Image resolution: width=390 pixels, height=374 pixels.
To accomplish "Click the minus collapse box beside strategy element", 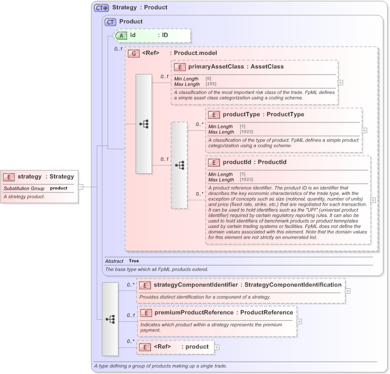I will [80, 186].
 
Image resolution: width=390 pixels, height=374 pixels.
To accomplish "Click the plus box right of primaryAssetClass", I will [341, 83].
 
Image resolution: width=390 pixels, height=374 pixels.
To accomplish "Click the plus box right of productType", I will [364, 130].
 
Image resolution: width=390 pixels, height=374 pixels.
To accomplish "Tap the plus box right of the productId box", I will [373, 200].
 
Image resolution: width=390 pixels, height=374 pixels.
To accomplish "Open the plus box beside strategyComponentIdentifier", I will [348, 291].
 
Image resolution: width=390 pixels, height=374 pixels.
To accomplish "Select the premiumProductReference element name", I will [193, 312].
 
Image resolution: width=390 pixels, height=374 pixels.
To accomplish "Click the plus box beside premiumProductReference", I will [299, 321].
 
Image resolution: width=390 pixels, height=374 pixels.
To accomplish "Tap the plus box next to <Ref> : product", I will [217, 347].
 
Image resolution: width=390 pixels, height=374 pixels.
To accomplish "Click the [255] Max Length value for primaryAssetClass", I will [211, 84].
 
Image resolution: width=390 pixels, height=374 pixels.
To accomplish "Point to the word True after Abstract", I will [134, 261].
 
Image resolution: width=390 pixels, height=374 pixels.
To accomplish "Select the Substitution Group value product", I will [59, 188].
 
